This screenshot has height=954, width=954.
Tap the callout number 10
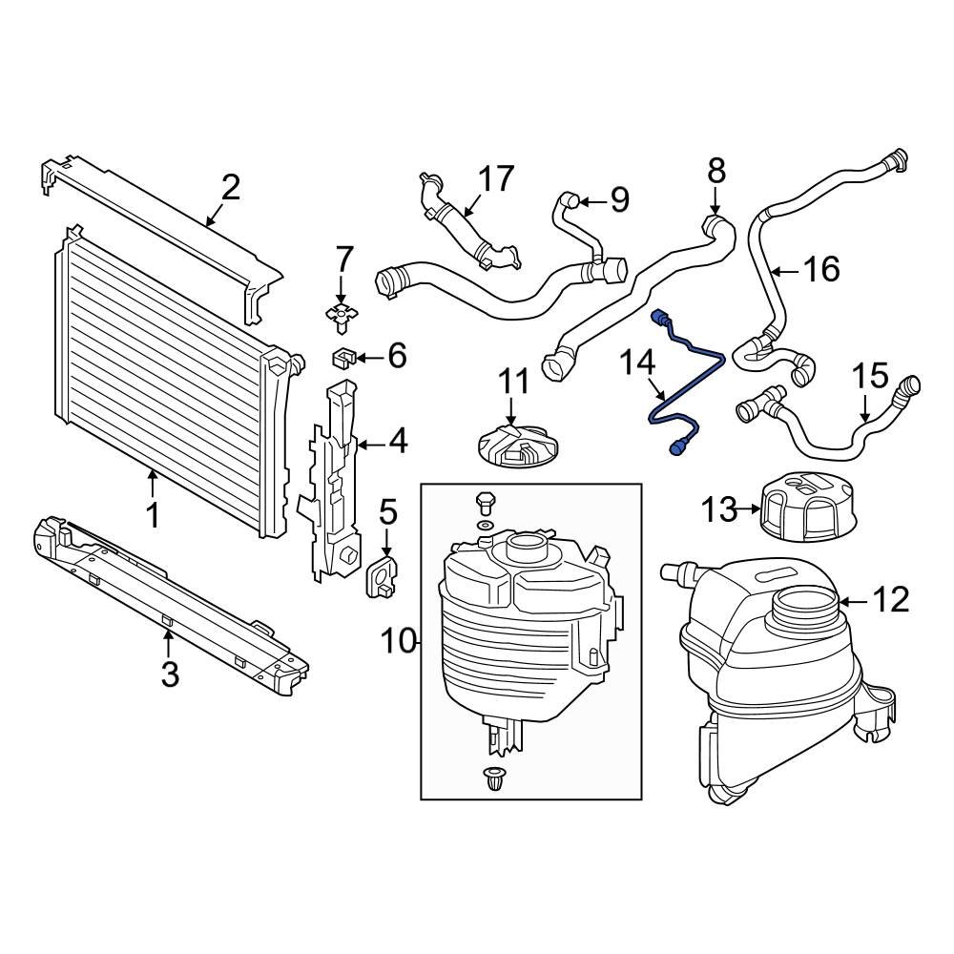[400, 641]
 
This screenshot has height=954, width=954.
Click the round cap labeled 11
[513, 446]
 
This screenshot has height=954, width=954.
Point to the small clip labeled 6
[343, 359]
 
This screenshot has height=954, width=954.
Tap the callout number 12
[891, 600]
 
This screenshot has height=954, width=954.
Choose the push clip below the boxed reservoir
[494, 778]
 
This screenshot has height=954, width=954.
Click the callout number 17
[495, 179]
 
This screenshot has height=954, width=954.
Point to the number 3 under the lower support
[170, 674]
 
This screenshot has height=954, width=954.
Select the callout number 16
[820, 270]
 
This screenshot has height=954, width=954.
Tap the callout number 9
[619, 199]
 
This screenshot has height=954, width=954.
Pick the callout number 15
[869, 376]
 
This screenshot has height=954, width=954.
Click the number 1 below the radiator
[152, 516]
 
